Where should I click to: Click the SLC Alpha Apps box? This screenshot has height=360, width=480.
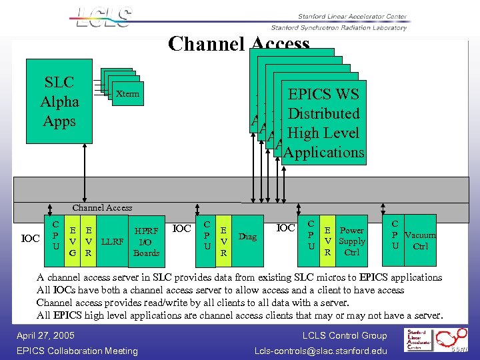coord(59,101)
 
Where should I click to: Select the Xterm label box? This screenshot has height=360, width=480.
coord(127,94)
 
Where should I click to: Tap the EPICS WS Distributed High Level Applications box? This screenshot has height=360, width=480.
coord(323,123)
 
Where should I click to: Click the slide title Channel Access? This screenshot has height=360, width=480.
coord(239,44)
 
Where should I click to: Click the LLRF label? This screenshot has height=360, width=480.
coord(113,241)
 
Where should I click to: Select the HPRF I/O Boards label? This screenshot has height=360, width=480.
coord(146,241)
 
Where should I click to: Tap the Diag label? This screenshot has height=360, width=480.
coord(247,236)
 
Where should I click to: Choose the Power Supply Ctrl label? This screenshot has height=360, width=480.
coord(351,241)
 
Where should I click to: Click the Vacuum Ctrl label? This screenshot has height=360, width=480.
coord(420,241)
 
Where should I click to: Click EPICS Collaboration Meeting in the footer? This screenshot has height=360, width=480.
coord(77,351)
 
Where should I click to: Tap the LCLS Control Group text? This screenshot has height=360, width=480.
coord(345,335)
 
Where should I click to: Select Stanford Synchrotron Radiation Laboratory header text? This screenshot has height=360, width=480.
coord(339,27)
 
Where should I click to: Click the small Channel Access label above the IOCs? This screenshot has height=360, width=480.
coord(102,208)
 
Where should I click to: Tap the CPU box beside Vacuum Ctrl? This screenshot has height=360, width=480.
coord(395,235)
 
